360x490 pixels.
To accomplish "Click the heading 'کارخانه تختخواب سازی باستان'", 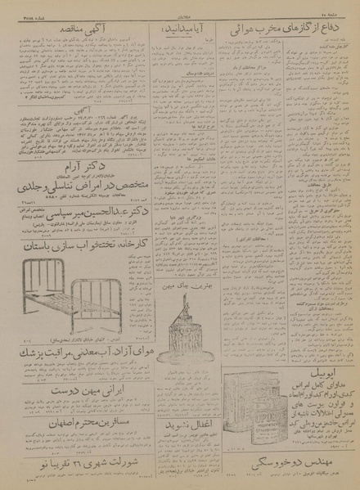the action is (x=74, y=243).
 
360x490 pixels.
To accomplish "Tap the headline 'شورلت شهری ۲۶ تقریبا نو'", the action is (x=74, y=468).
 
